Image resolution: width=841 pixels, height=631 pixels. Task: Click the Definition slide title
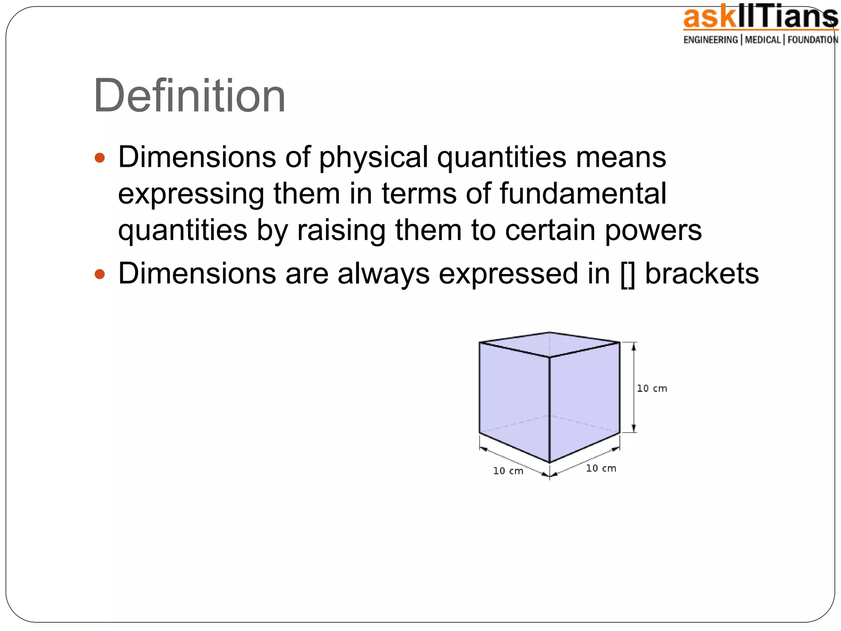tap(189, 96)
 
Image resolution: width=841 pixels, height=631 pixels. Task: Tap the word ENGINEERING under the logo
tap(710, 40)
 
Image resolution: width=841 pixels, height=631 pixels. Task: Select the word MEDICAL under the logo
tap(763, 40)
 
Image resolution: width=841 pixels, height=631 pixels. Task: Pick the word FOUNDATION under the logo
tap(813, 40)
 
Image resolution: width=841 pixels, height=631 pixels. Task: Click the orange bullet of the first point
tap(100, 158)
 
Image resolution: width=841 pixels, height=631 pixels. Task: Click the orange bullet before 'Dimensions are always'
tap(100, 274)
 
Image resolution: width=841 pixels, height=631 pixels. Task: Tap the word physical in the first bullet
tap(374, 158)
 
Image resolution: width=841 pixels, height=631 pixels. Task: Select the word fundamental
tap(583, 193)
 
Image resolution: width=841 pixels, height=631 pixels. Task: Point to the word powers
tap(653, 230)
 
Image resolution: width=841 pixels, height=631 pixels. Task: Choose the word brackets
tap(702, 274)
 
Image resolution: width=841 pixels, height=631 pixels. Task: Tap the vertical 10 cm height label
tap(652, 389)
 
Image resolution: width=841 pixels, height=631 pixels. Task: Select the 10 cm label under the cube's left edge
tap(508, 471)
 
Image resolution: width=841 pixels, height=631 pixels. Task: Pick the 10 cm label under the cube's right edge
tap(601, 468)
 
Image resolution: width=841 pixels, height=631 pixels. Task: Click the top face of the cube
tap(549, 344)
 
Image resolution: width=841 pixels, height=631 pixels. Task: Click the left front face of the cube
tap(514, 398)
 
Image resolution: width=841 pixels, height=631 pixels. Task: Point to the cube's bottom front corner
tap(549, 463)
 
